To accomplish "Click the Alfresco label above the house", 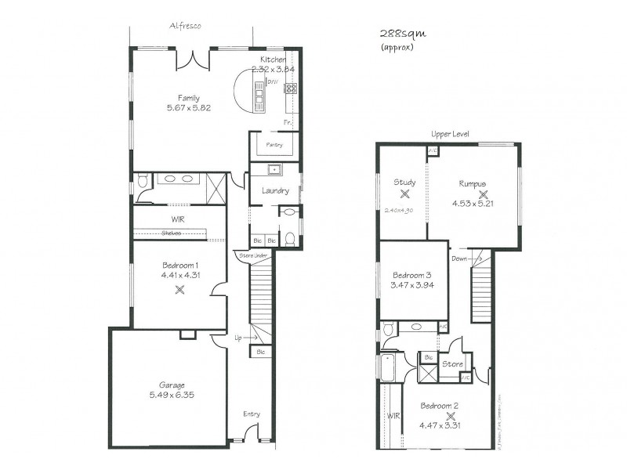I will tap(186, 26).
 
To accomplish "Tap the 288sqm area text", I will tap(398, 34).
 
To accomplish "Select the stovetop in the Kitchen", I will tap(290, 87).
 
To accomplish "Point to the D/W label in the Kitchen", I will tap(273, 81).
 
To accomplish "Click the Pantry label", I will tap(274, 145).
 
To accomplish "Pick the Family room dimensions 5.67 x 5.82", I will tap(189, 107).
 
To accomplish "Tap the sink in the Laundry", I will tap(275, 170).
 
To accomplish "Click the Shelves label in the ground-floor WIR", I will tap(172, 233).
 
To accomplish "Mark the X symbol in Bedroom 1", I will tap(179, 289).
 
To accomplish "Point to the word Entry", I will tap(251, 414).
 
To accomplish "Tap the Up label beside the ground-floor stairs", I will tap(238, 338).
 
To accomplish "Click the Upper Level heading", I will tap(450, 134).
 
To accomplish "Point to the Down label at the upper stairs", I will tap(458, 258).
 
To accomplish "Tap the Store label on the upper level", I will tap(452, 364).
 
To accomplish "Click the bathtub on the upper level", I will tap(390, 367).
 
